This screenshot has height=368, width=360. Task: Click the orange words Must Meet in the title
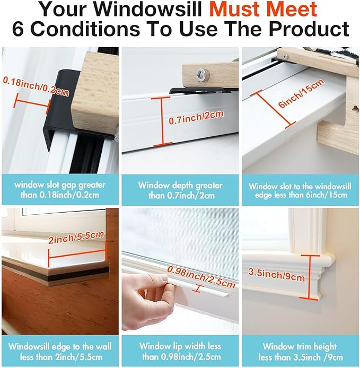263,10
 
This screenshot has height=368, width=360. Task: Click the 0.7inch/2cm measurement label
196,117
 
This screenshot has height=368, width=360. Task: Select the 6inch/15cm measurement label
302,93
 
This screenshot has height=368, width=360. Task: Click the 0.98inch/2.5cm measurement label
201,277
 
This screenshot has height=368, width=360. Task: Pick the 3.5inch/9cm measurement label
276,275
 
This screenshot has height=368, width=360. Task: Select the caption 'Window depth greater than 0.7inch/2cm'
180,190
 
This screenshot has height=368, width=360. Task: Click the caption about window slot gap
60,190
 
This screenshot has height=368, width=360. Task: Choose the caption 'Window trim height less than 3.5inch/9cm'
300,352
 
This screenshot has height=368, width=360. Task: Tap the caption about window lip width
180,352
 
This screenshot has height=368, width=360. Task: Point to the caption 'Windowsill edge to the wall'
60,352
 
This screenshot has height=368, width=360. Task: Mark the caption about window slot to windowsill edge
300,190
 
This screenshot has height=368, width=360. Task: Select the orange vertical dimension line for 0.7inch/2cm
162,121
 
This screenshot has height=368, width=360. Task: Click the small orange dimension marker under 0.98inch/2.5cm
197,288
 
